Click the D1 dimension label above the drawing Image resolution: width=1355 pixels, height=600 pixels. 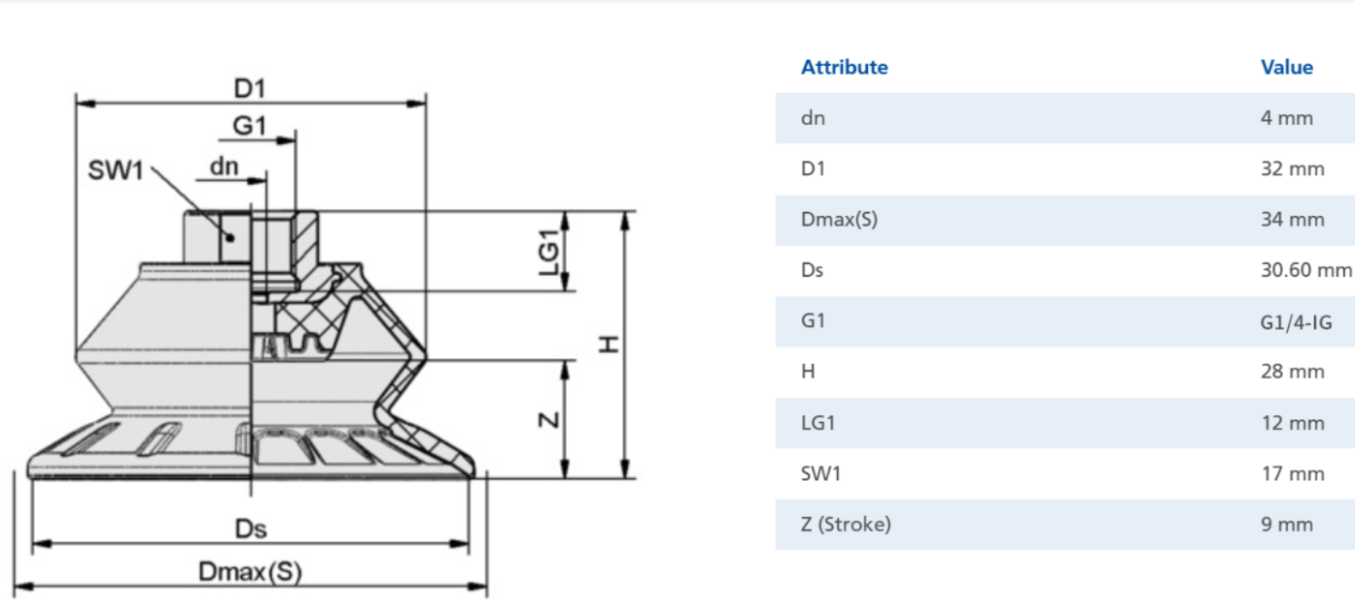(250, 89)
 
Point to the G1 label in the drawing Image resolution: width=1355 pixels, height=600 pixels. (250, 126)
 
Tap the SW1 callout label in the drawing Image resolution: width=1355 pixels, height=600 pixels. (116, 170)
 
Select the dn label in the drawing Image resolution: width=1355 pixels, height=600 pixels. (224, 166)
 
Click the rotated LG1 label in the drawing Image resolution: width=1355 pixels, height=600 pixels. (549, 252)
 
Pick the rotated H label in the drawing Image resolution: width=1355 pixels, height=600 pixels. (609, 345)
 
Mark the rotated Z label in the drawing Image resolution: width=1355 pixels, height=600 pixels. (549, 419)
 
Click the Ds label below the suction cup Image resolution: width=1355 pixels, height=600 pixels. (250, 529)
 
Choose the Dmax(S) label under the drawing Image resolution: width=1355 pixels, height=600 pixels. (250, 573)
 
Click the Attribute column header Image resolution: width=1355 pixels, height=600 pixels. (844, 67)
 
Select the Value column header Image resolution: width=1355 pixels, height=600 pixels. (1286, 67)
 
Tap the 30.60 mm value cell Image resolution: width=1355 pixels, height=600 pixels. (1305, 270)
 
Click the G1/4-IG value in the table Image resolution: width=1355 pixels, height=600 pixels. (1296, 321)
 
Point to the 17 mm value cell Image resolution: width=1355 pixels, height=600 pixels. (1292, 473)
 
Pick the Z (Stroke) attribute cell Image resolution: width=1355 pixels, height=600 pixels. (846, 525)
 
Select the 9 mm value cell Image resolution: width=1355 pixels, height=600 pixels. (1286, 525)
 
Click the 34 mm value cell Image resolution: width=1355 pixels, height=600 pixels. (1292, 219)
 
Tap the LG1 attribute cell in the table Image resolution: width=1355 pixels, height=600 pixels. (818, 423)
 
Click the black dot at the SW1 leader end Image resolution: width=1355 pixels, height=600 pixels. (230, 237)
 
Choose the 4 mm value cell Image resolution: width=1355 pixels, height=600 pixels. (1286, 118)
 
